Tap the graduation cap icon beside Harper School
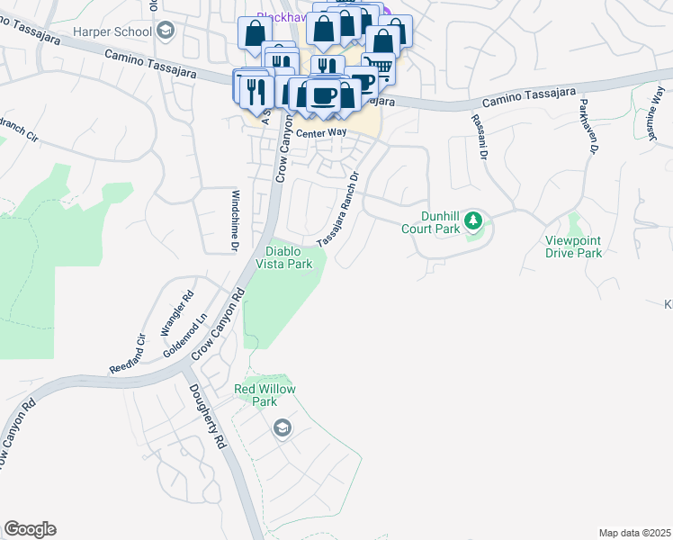point(165,31)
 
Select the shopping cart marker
point(380,66)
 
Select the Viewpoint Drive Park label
point(573,247)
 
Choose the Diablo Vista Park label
point(288,257)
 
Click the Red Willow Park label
point(265,395)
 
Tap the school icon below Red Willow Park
point(283,427)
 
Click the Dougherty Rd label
point(206,418)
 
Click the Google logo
point(30,529)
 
